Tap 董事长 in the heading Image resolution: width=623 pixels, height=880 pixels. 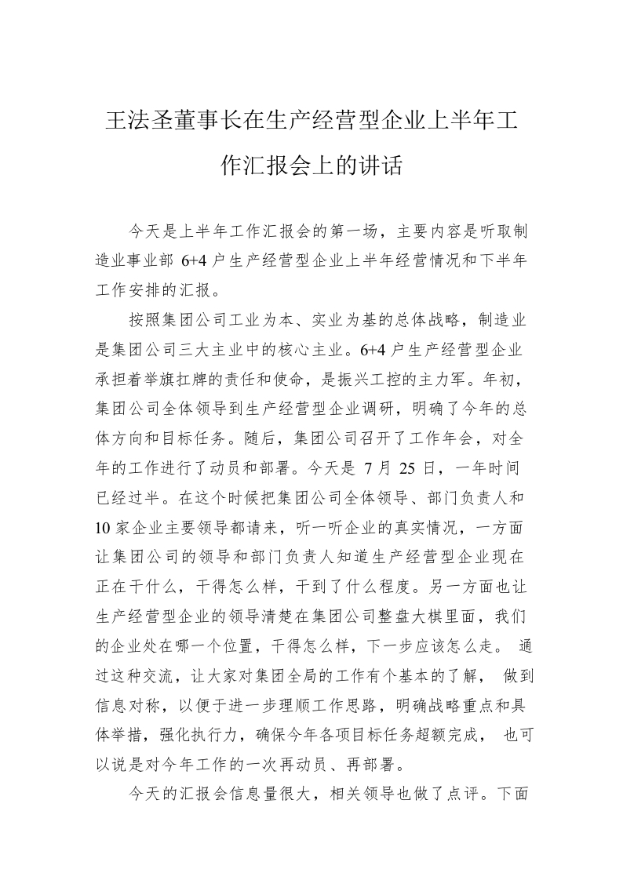click(208, 122)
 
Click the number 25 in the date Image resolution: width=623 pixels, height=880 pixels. click(409, 468)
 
